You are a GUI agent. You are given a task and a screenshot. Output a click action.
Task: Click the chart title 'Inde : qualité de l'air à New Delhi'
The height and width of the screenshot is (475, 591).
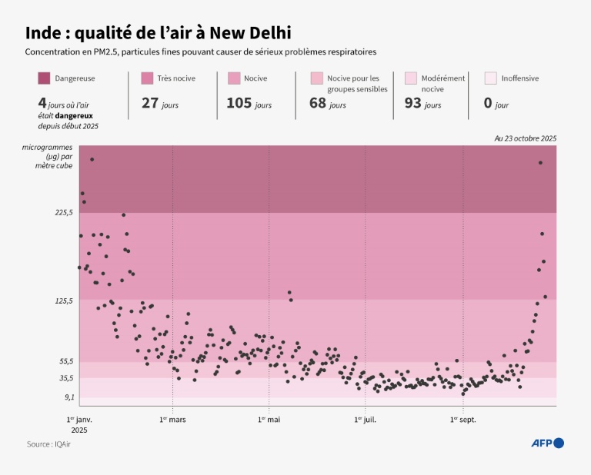[x=158, y=33]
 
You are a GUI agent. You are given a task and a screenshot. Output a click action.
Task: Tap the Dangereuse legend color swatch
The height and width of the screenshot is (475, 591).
[x=44, y=78]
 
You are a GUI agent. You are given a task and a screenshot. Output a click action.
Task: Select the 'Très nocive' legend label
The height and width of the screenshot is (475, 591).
[x=176, y=78]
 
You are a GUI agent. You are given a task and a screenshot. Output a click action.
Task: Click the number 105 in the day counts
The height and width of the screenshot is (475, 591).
[x=239, y=103]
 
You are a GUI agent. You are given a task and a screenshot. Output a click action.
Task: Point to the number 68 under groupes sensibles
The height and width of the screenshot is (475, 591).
[x=318, y=103]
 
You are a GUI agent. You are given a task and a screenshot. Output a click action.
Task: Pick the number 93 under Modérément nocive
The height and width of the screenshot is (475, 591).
[x=412, y=103]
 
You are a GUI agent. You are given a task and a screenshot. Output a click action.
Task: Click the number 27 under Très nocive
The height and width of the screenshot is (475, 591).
[x=149, y=103]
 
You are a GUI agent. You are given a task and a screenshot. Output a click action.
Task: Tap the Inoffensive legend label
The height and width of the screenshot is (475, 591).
[x=520, y=78]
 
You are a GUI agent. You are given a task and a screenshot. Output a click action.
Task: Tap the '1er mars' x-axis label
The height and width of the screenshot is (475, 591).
[x=172, y=420]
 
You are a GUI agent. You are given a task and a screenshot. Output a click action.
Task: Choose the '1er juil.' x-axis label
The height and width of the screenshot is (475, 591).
[x=365, y=420]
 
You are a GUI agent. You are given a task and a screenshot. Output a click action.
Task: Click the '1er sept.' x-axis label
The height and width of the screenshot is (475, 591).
[x=462, y=420]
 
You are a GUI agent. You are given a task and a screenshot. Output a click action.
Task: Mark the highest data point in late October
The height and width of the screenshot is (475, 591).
[x=540, y=162]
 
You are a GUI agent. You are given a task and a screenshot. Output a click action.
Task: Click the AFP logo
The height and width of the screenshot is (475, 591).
[x=548, y=443]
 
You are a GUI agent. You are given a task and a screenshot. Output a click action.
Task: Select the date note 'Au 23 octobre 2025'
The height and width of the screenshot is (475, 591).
[x=525, y=138]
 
